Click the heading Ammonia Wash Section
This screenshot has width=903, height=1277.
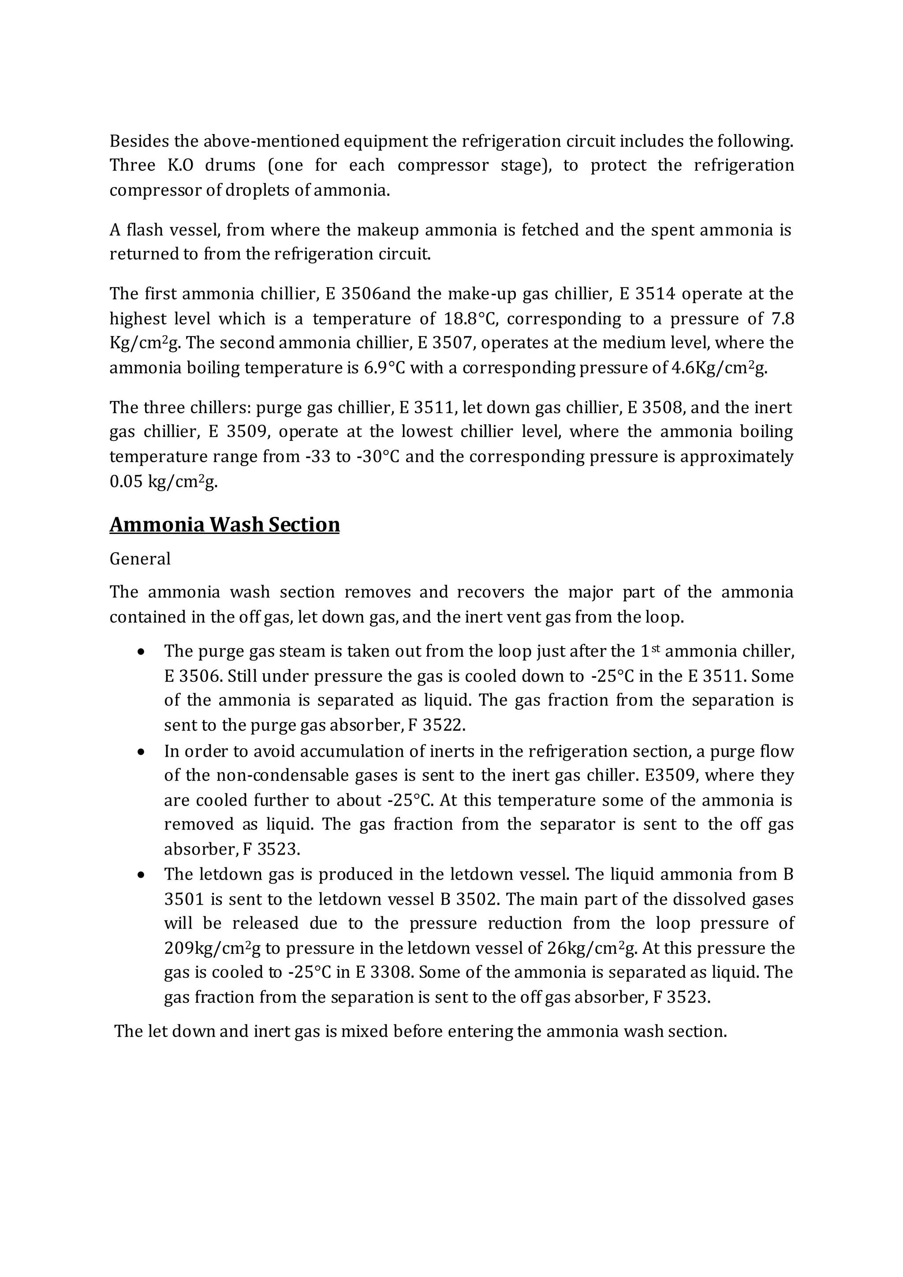coord(224,524)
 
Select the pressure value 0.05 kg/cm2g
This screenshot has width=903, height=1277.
coord(163,482)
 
